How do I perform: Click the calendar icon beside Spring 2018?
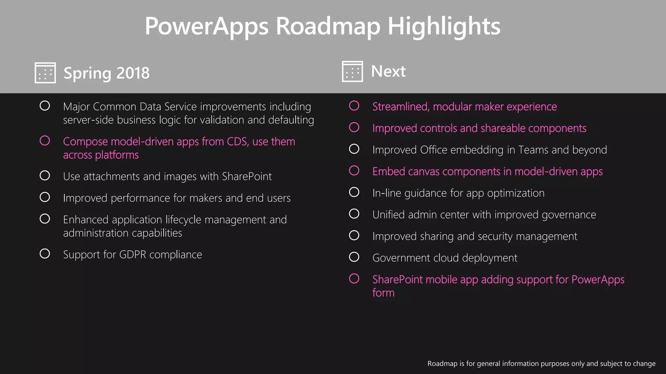pyautogui.click(x=45, y=73)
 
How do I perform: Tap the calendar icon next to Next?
pyautogui.click(x=353, y=71)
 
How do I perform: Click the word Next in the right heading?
pyautogui.click(x=388, y=71)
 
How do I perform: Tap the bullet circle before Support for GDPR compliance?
pyautogui.click(x=45, y=254)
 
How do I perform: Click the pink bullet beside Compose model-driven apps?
pyautogui.click(x=45, y=141)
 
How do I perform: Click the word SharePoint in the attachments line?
pyautogui.click(x=247, y=176)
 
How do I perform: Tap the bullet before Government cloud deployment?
pyautogui.click(x=354, y=257)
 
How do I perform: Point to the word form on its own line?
pyautogui.click(x=383, y=293)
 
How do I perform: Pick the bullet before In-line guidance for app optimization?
pyautogui.click(x=354, y=192)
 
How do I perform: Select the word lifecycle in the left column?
pyautogui.click(x=183, y=220)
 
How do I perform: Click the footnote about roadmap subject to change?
pyautogui.click(x=541, y=364)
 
